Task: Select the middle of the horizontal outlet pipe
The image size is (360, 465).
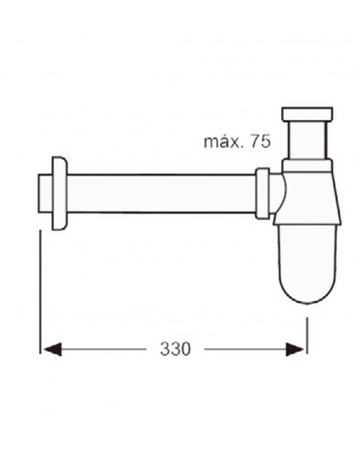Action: tap(159, 192)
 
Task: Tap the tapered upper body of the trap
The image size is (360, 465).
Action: tap(307, 199)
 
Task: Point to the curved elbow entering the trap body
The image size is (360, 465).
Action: tap(276, 192)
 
